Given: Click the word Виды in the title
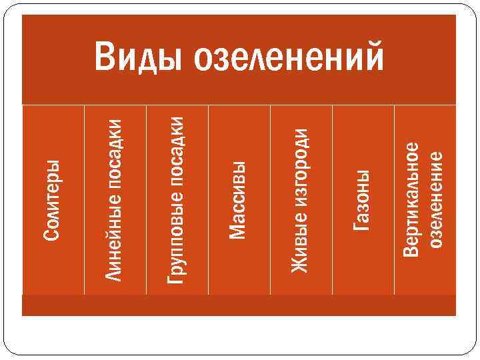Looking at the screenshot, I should tap(138, 58).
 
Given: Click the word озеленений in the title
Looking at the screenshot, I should tap(288, 58).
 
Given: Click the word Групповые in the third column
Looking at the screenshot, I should tap(176, 237).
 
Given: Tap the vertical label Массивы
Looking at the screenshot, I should tap(239, 199).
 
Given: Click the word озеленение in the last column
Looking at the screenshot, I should tap(437, 199).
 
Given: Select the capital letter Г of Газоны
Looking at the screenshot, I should tap(362, 225).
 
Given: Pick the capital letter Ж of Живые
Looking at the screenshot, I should tap(301, 265).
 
